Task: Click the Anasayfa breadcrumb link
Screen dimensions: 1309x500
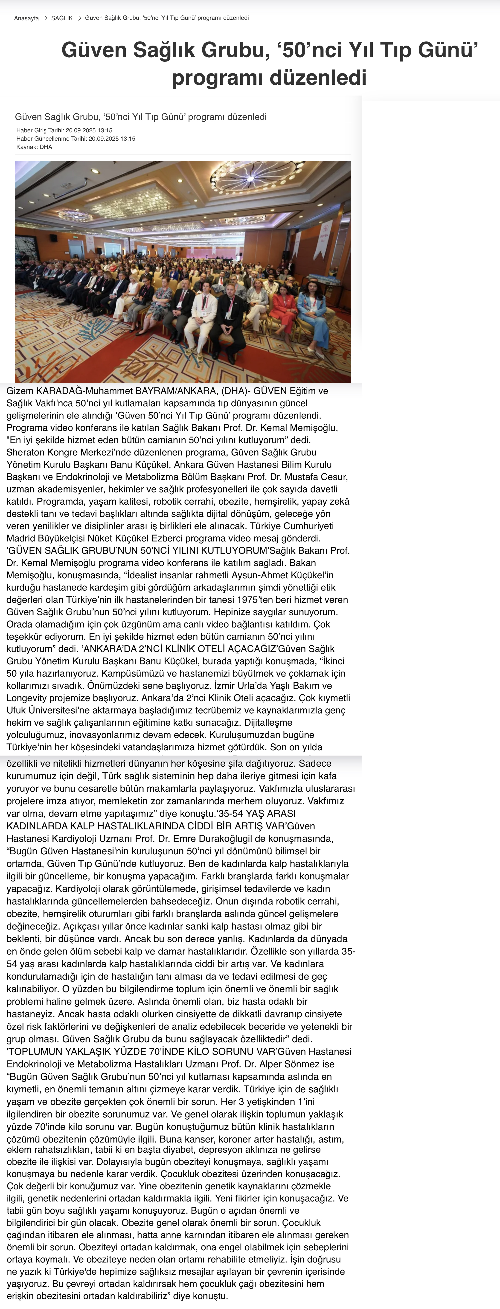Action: tap(26, 18)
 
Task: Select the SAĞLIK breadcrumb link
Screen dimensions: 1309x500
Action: tap(62, 18)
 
